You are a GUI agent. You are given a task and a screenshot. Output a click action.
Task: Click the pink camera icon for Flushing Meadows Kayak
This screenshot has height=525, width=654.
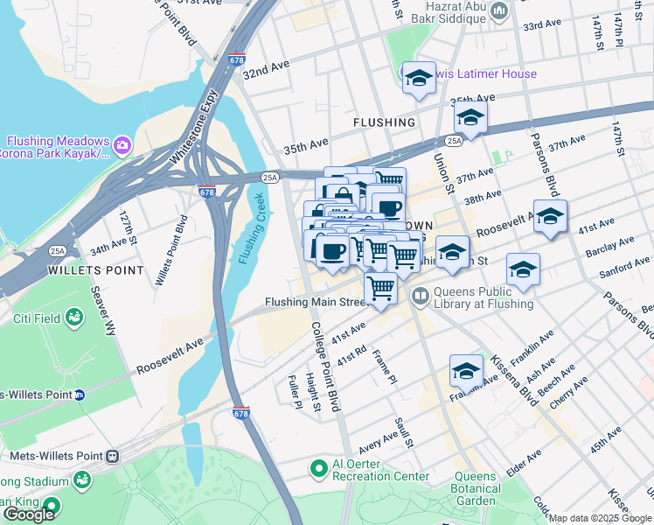122,143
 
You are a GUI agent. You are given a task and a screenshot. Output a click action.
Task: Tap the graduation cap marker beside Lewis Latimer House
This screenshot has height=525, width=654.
419,78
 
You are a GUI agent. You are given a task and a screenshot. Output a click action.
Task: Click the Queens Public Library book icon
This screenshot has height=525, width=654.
421,297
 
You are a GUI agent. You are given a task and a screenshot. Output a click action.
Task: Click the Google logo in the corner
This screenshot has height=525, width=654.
29,514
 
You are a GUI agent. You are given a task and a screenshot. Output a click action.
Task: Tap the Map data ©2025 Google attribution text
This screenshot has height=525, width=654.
600,518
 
